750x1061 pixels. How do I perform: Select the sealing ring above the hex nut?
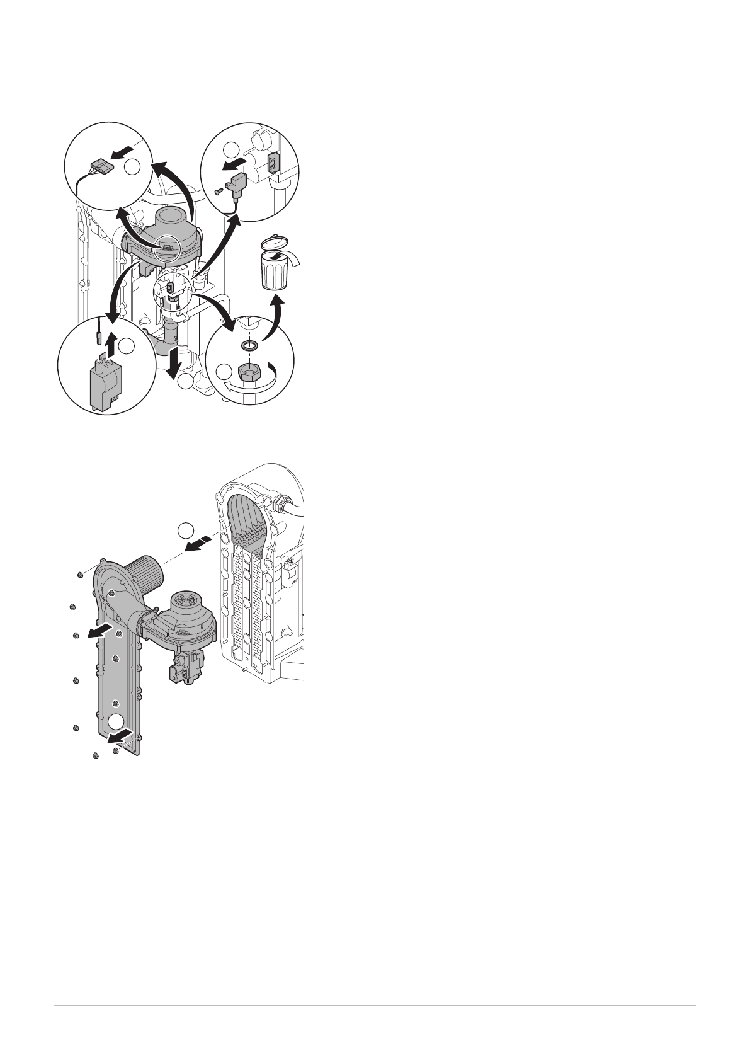click(249, 346)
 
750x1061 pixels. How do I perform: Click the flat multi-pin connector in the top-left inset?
click(99, 168)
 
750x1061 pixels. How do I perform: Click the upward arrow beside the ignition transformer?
click(112, 343)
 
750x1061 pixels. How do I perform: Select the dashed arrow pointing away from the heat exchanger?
click(202, 543)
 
